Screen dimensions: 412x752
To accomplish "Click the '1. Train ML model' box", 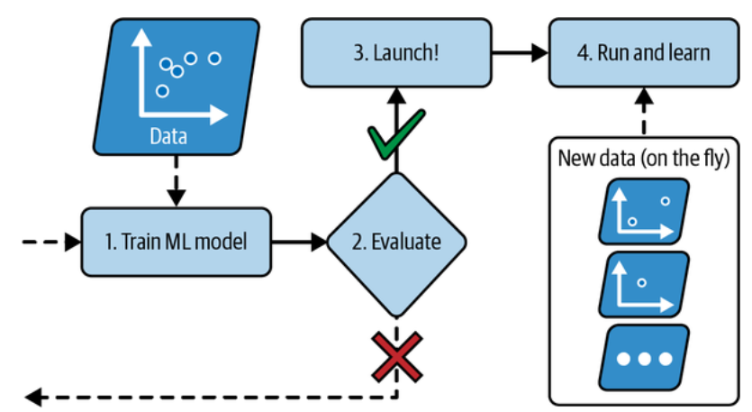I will (x=176, y=242).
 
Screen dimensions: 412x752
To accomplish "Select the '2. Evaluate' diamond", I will (x=396, y=242).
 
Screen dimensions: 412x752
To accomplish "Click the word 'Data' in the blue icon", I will (x=169, y=137).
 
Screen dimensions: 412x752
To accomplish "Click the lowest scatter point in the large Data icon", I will (x=162, y=91).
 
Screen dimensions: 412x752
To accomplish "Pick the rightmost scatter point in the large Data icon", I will (x=214, y=59).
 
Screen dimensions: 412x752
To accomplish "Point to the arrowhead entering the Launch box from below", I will (x=396, y=95).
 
